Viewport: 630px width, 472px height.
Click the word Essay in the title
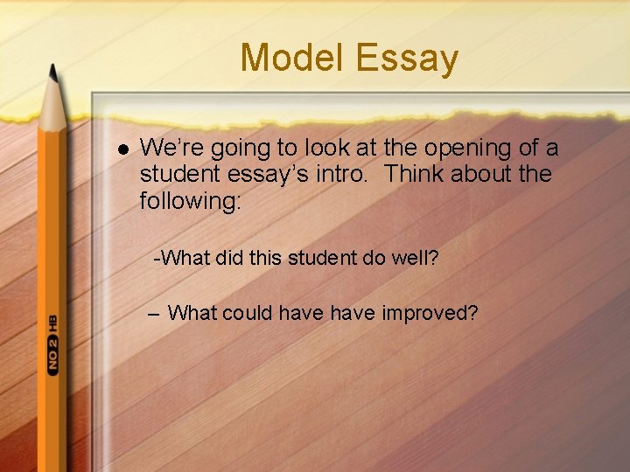408,59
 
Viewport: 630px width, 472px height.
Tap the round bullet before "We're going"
122,149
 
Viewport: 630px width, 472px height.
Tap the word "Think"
414,174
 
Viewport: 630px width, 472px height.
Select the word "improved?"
430,312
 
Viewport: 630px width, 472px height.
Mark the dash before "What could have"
155,312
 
